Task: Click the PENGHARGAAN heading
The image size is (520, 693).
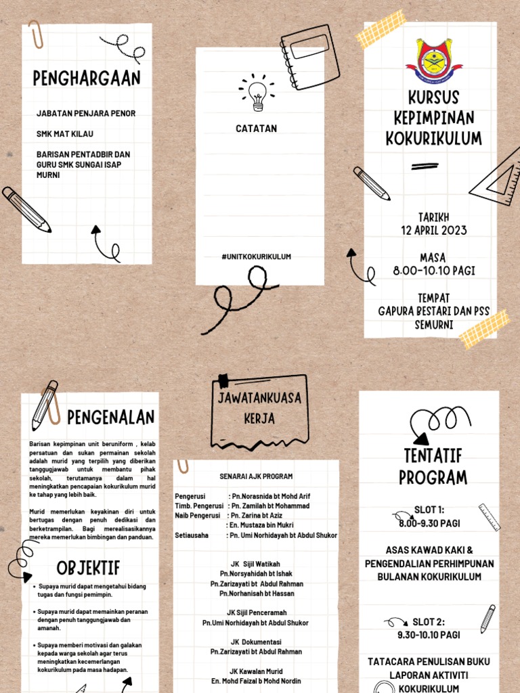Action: (x=87, y=79)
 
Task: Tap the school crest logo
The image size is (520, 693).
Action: (x=434, y=61)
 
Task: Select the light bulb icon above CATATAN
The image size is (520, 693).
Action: (x=257, y=94)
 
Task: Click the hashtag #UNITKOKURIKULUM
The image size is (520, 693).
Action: (x=256, y=256)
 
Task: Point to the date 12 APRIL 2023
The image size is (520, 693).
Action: (x=433, y=230)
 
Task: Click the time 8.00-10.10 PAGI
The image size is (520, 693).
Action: (x=433, y=271)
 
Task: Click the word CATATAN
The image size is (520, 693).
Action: (x=256, y=129)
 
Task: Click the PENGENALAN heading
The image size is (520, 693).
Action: (x=110, y=417)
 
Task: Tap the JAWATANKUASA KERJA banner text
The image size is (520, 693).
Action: (x=259, y=408)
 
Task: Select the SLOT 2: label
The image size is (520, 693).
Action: (x=429, y=622)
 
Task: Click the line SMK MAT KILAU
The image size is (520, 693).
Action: (x=65, y=134)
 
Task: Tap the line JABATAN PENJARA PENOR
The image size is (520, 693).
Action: (x=86, y=114)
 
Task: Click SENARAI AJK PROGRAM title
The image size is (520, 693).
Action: (x=256, y=476)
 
